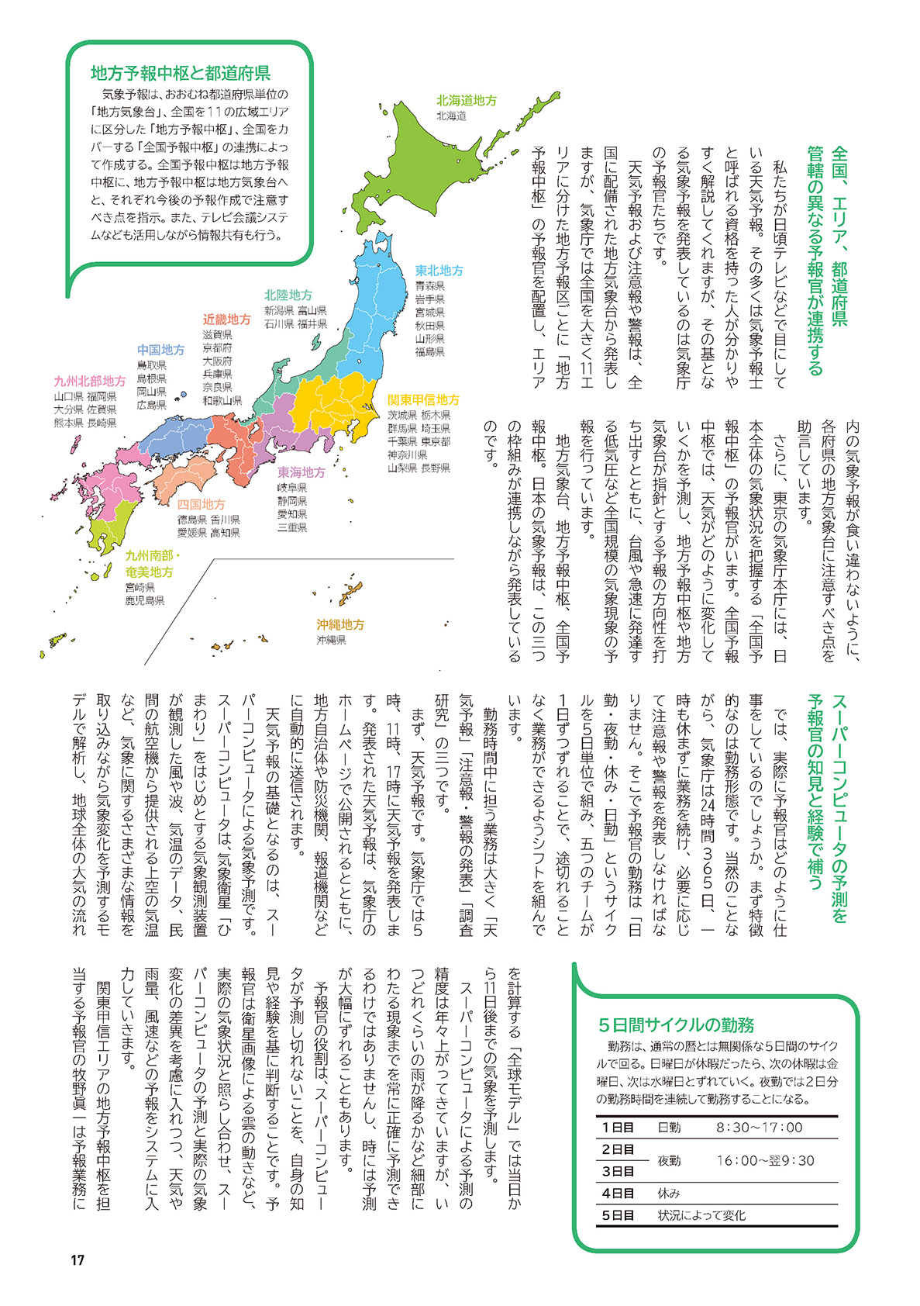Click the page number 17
click(x=77, y=1260)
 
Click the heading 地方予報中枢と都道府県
click(x=180, y=74)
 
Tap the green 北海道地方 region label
click(x=466, y=100)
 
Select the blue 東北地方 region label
click(x=439, y=271)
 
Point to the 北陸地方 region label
click(x=288, y=295)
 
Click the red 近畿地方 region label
click(x=226, y=320)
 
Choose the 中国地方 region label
click(x=160, y=350)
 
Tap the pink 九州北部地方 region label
click(x=89, y=381)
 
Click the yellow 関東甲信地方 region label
click(x=423, y=400)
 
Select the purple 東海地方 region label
click(x=301, y=472)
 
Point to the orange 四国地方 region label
click(x=201, y=504)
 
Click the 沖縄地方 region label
click(x=339, y=624)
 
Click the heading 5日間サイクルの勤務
click(x=676, y=1024)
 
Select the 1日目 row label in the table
click(x=618, y=1128)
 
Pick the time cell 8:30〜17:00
click(x=759, y=1128)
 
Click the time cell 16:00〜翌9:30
click(x=765, y=1160)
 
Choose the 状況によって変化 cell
click(x=701, y=1215)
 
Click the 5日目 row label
click(x=618, y=1215)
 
